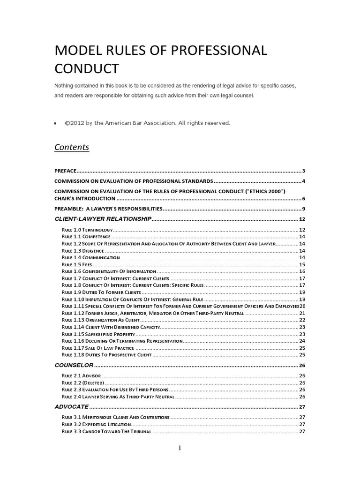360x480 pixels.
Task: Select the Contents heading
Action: point(72,147)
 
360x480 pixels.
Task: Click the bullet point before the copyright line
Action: point(56,123)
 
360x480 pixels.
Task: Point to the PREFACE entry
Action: point(65,171)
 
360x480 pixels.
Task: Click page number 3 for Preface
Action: point(304,171)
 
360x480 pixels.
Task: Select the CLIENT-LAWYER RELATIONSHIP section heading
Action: point(103,219)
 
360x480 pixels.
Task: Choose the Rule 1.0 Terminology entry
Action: point(87,230)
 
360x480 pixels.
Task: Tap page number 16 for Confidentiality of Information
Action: point(302,271)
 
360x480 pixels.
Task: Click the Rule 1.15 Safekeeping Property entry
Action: point(98,334)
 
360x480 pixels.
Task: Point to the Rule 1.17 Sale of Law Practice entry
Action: point(98,348)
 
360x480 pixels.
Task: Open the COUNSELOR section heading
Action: point(75,365)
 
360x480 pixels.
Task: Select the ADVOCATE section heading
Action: point(72,406)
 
